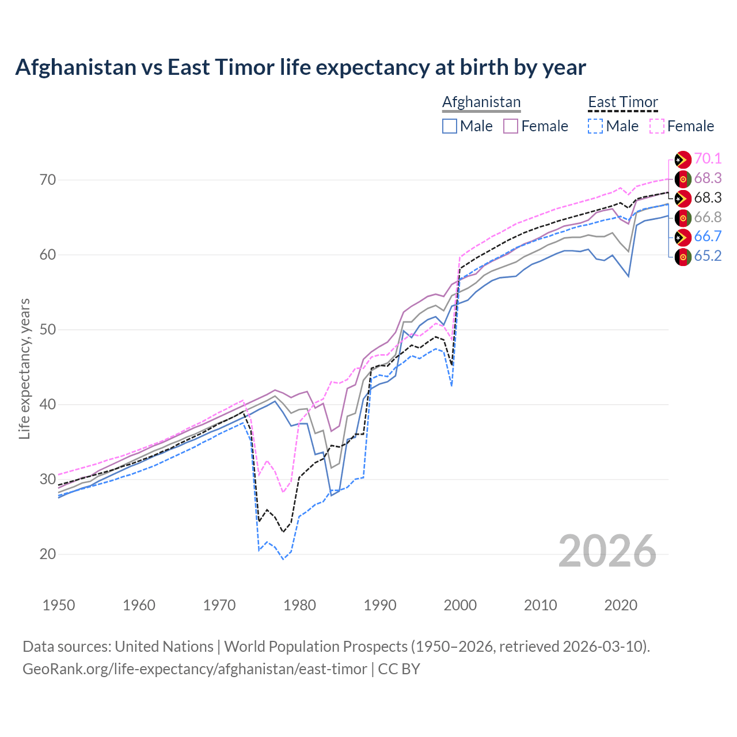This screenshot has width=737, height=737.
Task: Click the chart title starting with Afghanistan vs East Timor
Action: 300,67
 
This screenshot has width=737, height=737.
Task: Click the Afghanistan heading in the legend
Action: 481,102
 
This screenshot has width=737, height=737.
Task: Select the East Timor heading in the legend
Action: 622,102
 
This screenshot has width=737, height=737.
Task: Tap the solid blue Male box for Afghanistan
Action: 450,126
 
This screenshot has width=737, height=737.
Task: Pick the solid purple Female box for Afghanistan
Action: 511,126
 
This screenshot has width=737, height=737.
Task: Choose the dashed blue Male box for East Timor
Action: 595,126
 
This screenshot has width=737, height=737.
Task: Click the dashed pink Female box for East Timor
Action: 657,126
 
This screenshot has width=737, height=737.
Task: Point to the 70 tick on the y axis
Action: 48,180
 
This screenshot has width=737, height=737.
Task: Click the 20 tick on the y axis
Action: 48,554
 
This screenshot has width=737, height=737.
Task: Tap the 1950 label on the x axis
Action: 59,605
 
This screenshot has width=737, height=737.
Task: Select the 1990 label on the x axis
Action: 380,605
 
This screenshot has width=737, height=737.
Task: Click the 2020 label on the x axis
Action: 621,605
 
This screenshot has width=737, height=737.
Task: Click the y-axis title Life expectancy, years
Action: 24,368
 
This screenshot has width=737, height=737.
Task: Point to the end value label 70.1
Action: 708,158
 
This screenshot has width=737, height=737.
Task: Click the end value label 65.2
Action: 708,256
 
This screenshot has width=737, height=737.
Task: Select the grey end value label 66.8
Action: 708,217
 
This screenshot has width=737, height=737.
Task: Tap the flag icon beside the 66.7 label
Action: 683,237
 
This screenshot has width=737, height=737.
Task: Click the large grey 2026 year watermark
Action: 607,551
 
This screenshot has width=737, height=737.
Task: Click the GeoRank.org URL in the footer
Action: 195,669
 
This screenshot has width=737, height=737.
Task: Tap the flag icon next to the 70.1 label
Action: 683,159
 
